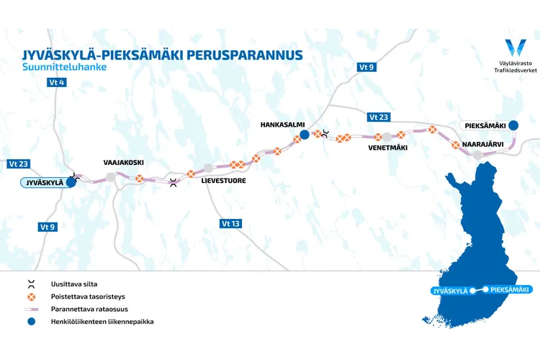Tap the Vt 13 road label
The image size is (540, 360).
230,224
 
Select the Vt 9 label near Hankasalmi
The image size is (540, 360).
366,67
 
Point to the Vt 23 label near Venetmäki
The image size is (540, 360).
378,117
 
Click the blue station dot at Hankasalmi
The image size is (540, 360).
305,135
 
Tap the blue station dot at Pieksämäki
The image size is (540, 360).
513,125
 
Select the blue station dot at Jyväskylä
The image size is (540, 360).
71,182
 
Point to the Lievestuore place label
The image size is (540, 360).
223,181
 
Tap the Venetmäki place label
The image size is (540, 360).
388,148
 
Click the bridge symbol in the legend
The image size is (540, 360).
31,284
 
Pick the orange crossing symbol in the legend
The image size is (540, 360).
31,296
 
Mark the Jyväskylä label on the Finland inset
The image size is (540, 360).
449,291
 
